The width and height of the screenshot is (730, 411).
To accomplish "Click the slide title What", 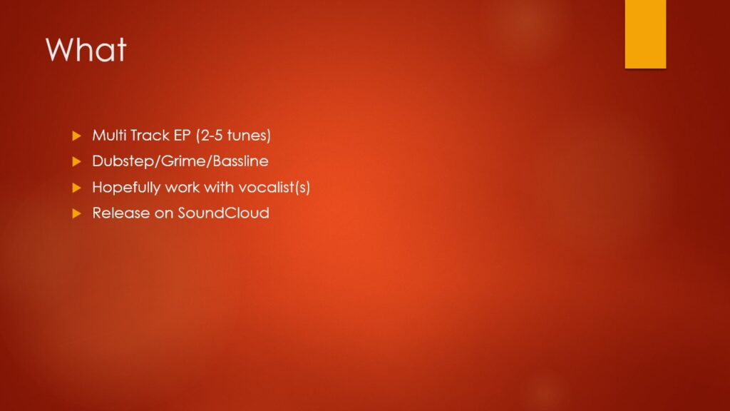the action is [x=86, y=49].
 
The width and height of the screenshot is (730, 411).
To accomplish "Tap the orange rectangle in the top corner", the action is [x=645, y=34].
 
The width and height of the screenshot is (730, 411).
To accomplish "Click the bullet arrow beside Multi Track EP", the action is [x=77, y=136].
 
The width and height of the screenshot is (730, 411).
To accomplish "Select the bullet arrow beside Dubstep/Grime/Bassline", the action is [x=77, y=162].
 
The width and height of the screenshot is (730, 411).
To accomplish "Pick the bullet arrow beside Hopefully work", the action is [x=77, y=188].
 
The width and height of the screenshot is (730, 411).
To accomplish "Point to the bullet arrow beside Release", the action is [x=77, y=213].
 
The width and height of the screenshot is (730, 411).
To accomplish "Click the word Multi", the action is [x=109, y=135].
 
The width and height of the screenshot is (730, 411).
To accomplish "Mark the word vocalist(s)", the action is [x=274, y=188].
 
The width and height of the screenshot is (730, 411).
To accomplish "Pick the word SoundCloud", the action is [x=223, y=213].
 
